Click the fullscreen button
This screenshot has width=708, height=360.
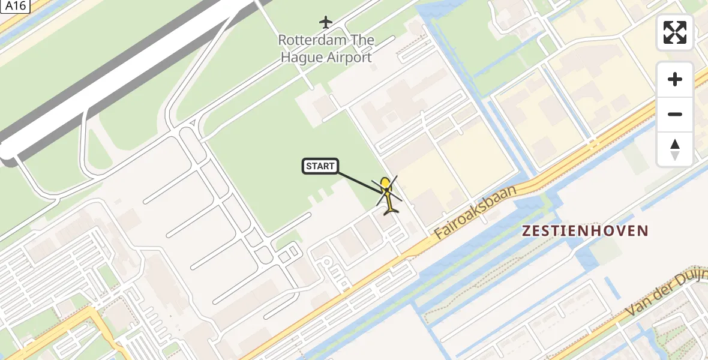tap(675, 32)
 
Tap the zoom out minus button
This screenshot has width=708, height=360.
tap(675, 114)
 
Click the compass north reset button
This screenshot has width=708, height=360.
tap(675, 149)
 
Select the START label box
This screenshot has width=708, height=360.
tap(320, 166)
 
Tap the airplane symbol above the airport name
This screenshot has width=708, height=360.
tap(326, 23)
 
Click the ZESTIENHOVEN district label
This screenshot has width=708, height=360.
tap(585, 230)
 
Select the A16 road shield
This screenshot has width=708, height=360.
tap(13, 6)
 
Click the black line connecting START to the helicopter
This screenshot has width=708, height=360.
tap(360, 181)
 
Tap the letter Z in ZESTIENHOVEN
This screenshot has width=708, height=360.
tap(526, 230)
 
